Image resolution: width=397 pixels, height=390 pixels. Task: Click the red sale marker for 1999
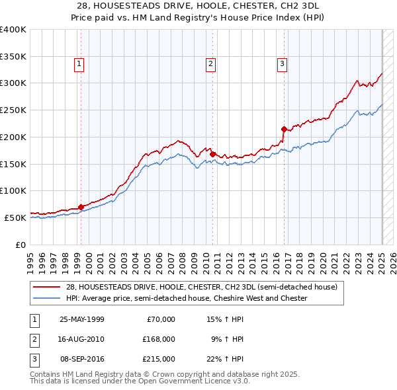tap(81, 207)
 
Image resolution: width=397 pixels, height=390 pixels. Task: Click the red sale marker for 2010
tap(212, 154)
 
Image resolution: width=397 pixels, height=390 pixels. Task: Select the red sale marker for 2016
tap(284, 129)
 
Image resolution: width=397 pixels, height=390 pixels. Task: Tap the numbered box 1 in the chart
tap(79, 64)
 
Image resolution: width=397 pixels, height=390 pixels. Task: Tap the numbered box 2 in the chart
tap(210, 64)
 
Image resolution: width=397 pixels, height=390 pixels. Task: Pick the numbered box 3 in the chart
tap(282, 64)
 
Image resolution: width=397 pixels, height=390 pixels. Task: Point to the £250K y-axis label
tap(13, 110)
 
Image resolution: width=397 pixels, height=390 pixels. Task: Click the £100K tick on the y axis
tap(13, 191)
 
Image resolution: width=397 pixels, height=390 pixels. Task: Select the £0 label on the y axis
tap(21, 245)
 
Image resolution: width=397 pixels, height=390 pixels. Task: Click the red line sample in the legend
tap(47, 288)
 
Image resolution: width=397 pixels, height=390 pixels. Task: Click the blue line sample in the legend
tap(47, 298)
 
